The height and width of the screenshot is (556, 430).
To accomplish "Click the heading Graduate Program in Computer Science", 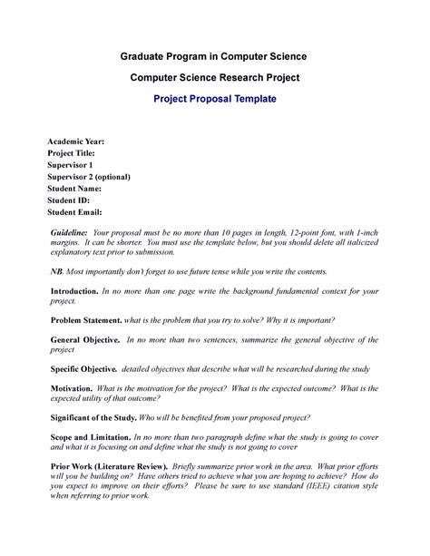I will point(214,56).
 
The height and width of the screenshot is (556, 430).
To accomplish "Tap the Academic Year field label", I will point(75,142).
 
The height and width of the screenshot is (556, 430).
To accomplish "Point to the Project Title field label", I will point(73,154).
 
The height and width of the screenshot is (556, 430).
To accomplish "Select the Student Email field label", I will point(75,211).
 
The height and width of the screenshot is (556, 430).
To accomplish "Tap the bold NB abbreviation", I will point(56,272).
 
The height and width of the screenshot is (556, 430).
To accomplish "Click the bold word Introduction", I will point(73,292).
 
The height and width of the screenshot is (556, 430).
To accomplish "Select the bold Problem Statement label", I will point(86,321).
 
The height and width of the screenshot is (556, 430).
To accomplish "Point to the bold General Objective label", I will point(84,340).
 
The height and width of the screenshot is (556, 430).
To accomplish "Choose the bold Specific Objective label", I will point(83,369).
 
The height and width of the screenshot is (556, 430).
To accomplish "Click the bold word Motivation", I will point(72,388).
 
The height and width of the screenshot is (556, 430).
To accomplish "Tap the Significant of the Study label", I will point(93,417).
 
